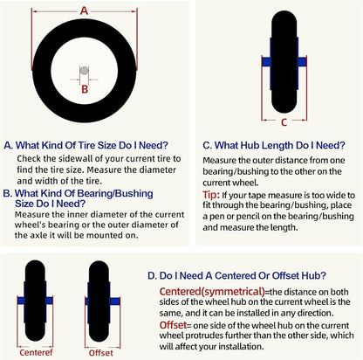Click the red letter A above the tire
(x=84, y=11)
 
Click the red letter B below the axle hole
(x=85, y=89)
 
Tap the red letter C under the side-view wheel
(x=284, y=122)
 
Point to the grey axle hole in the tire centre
(x=84, y=71)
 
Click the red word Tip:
(x=211, y=195)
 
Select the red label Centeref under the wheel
(x=36, y=352)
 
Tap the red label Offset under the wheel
(x=101, y=353)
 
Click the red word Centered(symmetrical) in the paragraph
(x=212, y=291)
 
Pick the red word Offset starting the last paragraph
(x=173, y=325)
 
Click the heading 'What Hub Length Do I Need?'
(x=279, y=145)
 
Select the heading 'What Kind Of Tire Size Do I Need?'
(x=92, y=145)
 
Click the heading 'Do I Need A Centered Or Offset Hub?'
(x=243, y=275)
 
